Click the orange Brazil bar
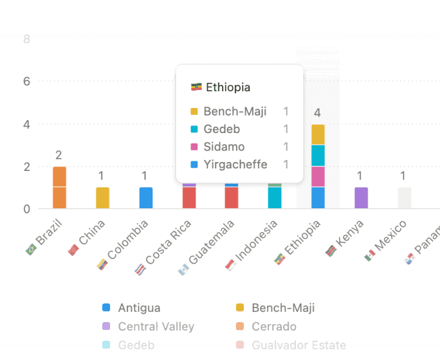click(59, 187)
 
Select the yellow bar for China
click(102, 198)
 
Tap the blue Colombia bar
click(145, 198)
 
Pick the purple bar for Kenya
click(361, 198)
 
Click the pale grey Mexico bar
click(404, 198)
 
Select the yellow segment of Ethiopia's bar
click(318, 134)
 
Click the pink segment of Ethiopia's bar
click(318, 177)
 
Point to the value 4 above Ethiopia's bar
click(317, 113)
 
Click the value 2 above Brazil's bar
click(59, 155)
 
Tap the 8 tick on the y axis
click(26, 39)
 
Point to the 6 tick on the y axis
click(26, 82)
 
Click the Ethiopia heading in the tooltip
click(228, 87)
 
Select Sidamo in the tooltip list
click(224, 147)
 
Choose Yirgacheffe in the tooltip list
click(235, 165)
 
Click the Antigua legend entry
click(139, 308)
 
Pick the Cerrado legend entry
click(274, 327)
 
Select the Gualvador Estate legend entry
click(298, 345)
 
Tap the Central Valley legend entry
click(156, 327)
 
